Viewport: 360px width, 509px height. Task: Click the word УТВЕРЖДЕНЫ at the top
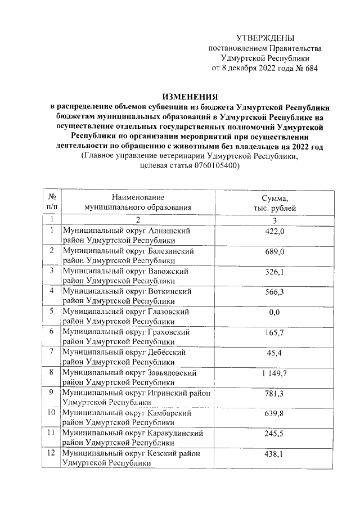[x=265, y=38]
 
